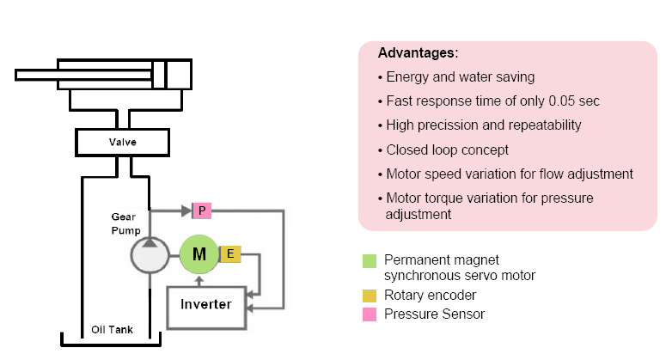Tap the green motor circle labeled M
(199, 253)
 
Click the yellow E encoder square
(230, 253)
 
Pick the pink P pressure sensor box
(200, 209)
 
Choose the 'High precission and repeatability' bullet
(484, 125)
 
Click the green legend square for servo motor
(370, 259)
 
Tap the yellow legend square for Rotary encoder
(370, 296)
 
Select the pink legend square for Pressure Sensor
(370, 314)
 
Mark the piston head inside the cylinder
(159, 75)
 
